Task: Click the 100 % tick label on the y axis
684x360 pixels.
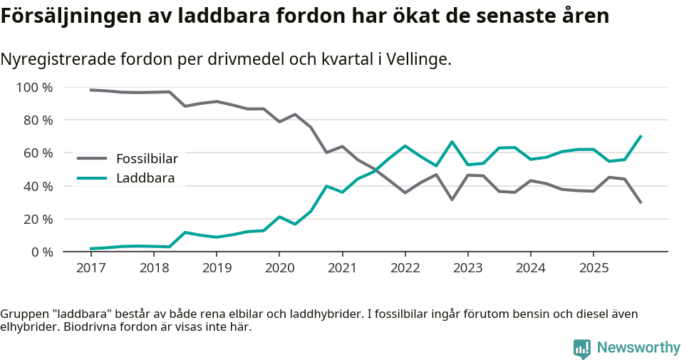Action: pyautogui.click(x=33, y=88)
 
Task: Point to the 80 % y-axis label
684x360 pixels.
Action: pyautogui.click(x=37, y=120)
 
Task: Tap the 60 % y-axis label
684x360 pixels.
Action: pyautogui.click(x=37, y=153)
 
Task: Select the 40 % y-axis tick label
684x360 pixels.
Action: pyautogui.click(x=37, y=186)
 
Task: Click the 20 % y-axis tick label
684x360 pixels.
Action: pyautogui.click(x=37, y=219)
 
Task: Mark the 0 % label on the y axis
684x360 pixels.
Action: pyautogui.click(x=41, y=252)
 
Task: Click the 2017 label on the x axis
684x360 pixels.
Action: pyautogui.click(x=90, y=268)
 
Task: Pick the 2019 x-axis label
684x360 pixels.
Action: pyautogui.click(x=216, y=268)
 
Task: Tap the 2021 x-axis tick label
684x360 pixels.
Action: pyautogui.click(x=342, y=268)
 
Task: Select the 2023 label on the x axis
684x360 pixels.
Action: pyautogui.click(x=467, y=268)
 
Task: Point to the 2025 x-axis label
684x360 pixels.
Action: pyautogui.click(x=593, y=268)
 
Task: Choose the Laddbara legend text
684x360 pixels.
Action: pyautogui.click(x=145, y=178)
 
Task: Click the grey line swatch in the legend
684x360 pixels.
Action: pyautogui.click(x=92, y=159)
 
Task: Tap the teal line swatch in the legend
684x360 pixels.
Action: pyautogui.click(x=92, y=178)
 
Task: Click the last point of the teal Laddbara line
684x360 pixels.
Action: pyautogui.click(x=641, y=135)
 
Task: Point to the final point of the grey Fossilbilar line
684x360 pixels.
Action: pyautogui.click(x=641, y=203)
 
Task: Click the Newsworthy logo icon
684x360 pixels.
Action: pyautogui.click(x=581, y=348)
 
